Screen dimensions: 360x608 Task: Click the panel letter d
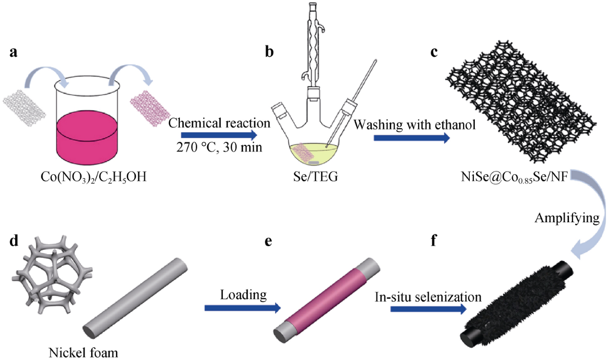[x=14, y=241]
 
